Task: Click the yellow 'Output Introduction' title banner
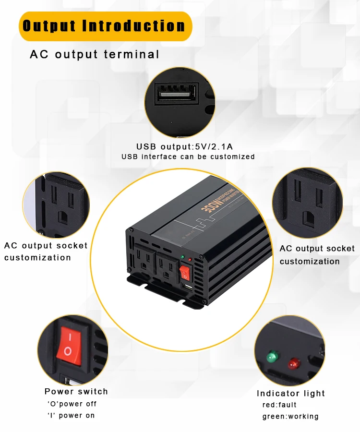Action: click(x=105, y=26)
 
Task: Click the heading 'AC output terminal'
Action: click(x=95, y=54)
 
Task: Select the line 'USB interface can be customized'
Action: click(x=188, y=157)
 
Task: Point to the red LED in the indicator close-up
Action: click(x=292, y=363)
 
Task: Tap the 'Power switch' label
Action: click(x=76, y=392)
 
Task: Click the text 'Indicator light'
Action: click(x=291, y=394)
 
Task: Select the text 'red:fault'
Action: click(x=279, y=405)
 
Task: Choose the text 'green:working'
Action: click(x=290, y=416)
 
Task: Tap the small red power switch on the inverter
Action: click(x=185, y=273)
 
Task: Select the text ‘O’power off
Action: click(x=72, y=404)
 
